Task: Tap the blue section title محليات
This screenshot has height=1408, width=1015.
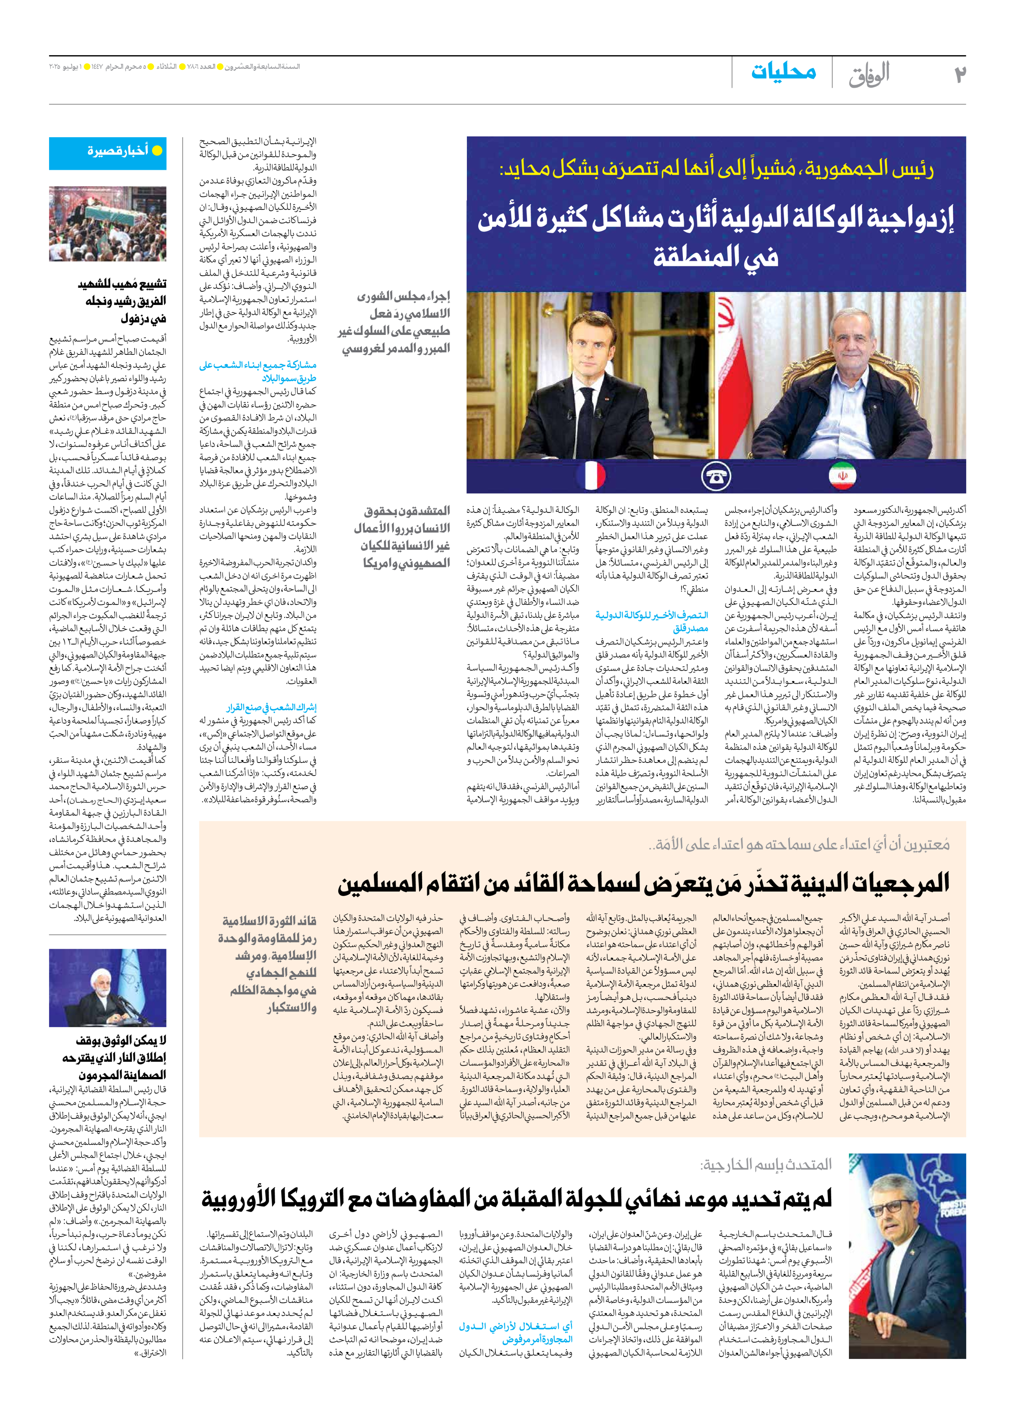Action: click(x=784, y=72)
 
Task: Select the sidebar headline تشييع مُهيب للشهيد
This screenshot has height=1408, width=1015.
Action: click(x=122, y=284)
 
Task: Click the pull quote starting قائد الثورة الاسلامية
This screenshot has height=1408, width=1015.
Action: click(x=268, y=921)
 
